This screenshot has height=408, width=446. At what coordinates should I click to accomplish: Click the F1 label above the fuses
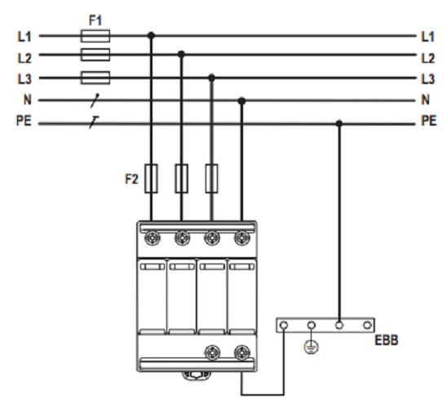[95, 20]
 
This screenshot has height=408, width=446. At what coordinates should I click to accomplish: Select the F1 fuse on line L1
[95, 36]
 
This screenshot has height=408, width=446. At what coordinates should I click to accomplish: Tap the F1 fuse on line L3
[95, 78]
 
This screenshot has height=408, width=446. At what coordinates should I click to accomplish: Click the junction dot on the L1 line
[152, 36]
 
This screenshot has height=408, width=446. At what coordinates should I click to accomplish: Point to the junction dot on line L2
[181, 54]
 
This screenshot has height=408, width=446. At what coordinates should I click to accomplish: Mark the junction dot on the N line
[241, 101]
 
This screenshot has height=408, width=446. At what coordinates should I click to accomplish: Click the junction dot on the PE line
[339, 123]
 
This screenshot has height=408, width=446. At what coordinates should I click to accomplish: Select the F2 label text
[132, 179]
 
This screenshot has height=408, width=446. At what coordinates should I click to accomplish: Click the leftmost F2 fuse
[152, 179]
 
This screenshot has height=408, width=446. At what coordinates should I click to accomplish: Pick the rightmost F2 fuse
[212, 179]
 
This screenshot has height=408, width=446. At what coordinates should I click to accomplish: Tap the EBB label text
[386, 340]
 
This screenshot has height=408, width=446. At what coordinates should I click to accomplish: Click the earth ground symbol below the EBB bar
[311, 347]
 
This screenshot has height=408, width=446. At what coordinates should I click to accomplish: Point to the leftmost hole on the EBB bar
[284, 325]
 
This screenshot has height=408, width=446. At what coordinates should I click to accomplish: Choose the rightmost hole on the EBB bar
[367, 325]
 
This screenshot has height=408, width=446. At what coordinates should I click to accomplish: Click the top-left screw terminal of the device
[152, 237]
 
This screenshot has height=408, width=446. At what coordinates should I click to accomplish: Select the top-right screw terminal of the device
[242, 237]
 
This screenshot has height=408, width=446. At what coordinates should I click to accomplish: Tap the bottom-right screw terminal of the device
[242, 353]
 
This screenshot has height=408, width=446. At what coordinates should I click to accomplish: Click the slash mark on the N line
[95, 101]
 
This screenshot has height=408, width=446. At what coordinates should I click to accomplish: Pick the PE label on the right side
[429, 121]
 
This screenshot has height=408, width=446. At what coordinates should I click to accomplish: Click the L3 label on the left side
[24, 79]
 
